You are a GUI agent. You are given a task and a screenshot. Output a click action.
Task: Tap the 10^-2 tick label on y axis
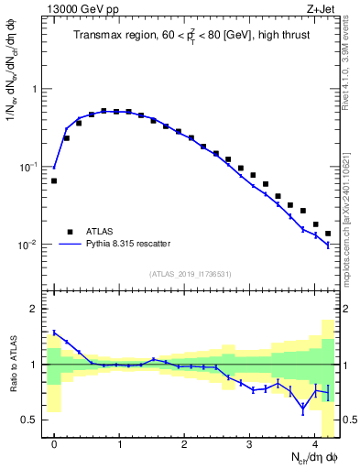(x=27, y=245)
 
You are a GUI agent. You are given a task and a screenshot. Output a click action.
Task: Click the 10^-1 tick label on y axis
(x=27, y=168)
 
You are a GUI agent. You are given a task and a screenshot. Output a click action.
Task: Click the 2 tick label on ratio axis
(x=34, y=309)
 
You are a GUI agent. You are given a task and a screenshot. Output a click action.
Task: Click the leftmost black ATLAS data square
(x=54, y=181)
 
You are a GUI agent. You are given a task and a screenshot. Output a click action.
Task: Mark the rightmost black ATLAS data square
(x=328, y=234)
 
